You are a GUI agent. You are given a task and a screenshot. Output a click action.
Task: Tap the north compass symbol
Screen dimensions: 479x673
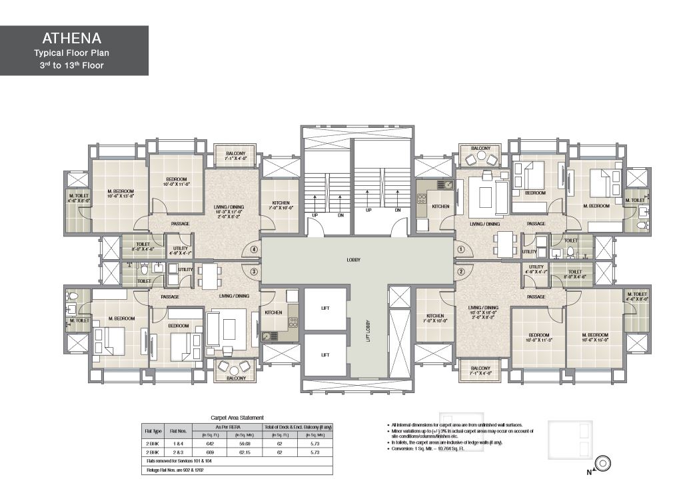[x=604, y=462]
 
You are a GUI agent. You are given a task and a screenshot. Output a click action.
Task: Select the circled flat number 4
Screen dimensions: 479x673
[x=254, y=250]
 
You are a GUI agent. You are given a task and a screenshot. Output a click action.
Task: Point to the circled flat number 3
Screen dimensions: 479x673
[x=254, y=271]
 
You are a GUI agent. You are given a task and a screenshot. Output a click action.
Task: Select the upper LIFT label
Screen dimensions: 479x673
[x=325, y=308]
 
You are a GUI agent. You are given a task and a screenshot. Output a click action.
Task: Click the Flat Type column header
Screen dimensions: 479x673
[x=152, y=430]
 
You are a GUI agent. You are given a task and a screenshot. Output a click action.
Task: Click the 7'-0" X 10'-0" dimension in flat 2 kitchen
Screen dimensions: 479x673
[x=435, y=321]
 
